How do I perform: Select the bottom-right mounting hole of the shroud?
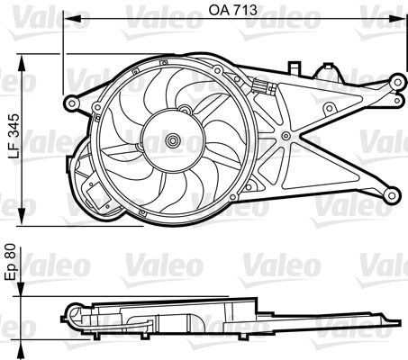(393, 192)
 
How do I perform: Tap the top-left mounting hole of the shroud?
(73, 96)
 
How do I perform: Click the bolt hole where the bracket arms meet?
(286, 136)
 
